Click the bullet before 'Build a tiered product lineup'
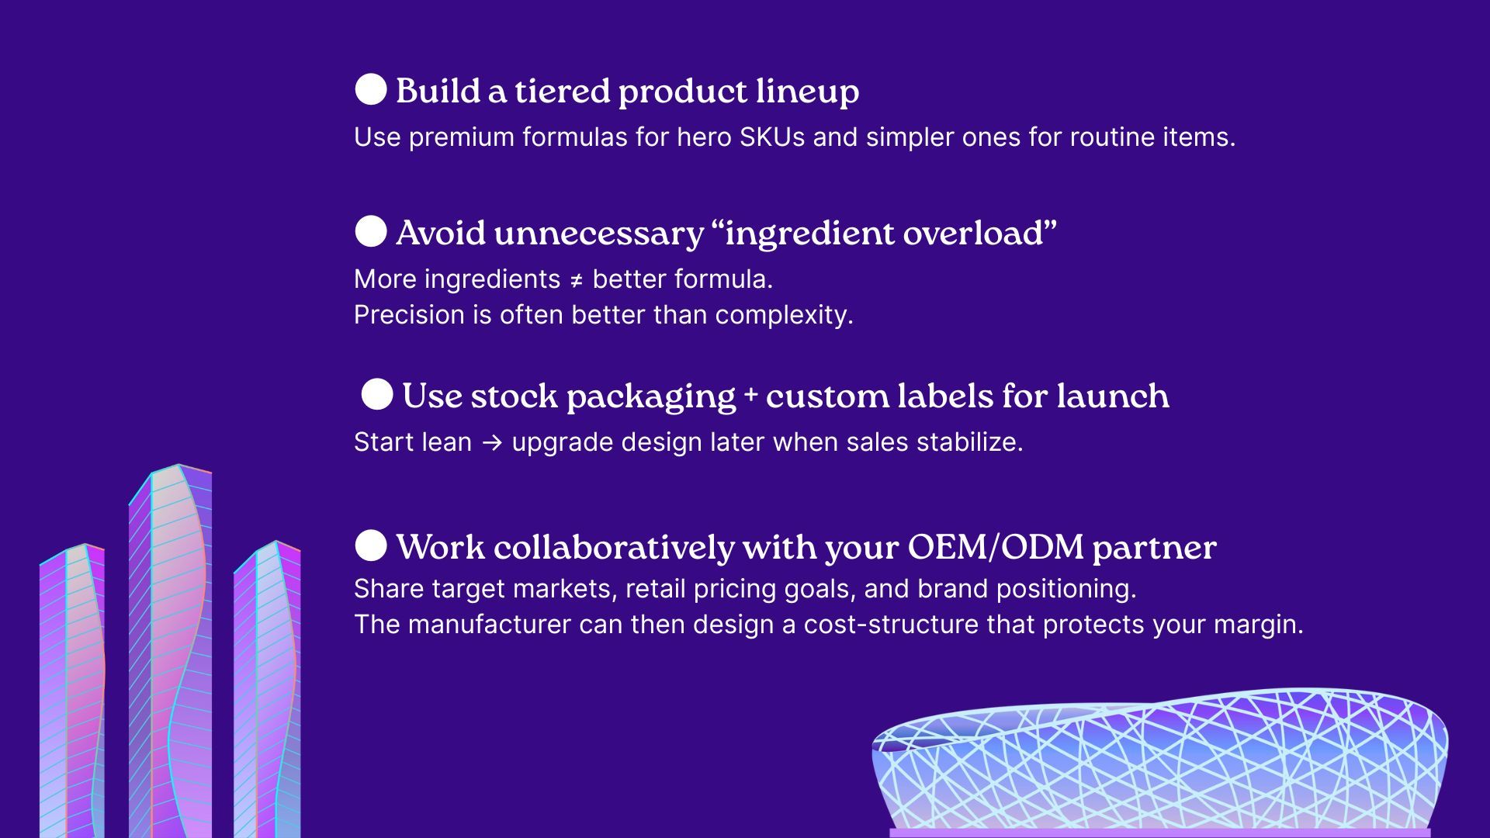click(371, 89)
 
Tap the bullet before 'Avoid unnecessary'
click(371, 231)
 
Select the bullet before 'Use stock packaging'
click(377, 394)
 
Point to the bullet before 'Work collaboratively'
click(371, 545)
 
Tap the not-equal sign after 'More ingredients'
click(577, 280)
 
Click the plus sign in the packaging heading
click(750, 393)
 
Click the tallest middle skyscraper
click(171, 652)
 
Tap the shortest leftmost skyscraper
click(72, 691)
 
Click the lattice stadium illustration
click(1159, 764)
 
